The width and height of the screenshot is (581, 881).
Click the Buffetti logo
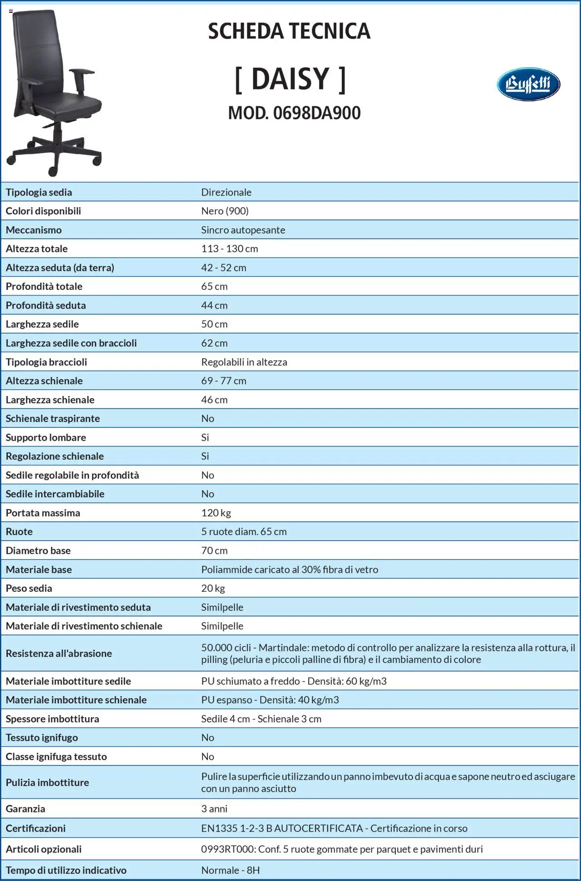[528, 84]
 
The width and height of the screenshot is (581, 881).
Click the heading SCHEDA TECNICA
[289, 31]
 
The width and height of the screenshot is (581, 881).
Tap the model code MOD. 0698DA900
[294, 113]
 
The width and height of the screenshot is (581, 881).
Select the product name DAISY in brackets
[290, 79]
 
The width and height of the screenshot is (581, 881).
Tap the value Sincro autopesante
[243, 230]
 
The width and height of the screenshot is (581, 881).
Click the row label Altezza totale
[36, 249]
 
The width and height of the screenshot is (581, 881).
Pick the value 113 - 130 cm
[229, 249]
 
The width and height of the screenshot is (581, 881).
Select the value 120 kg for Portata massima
[216, 513]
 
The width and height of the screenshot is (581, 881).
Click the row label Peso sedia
[29, 588]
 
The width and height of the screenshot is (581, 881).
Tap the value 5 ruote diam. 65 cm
[244, 532]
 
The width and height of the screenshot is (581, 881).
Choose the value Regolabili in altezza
[244, 362]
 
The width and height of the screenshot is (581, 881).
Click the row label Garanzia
[25, 808]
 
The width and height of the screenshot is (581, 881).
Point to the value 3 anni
[214, 808]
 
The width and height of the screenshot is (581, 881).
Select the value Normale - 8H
[230, 870]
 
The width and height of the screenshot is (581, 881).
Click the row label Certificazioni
[35, 828]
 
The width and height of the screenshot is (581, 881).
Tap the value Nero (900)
[225, 211]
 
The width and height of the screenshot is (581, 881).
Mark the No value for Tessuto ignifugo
[207, 738]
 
